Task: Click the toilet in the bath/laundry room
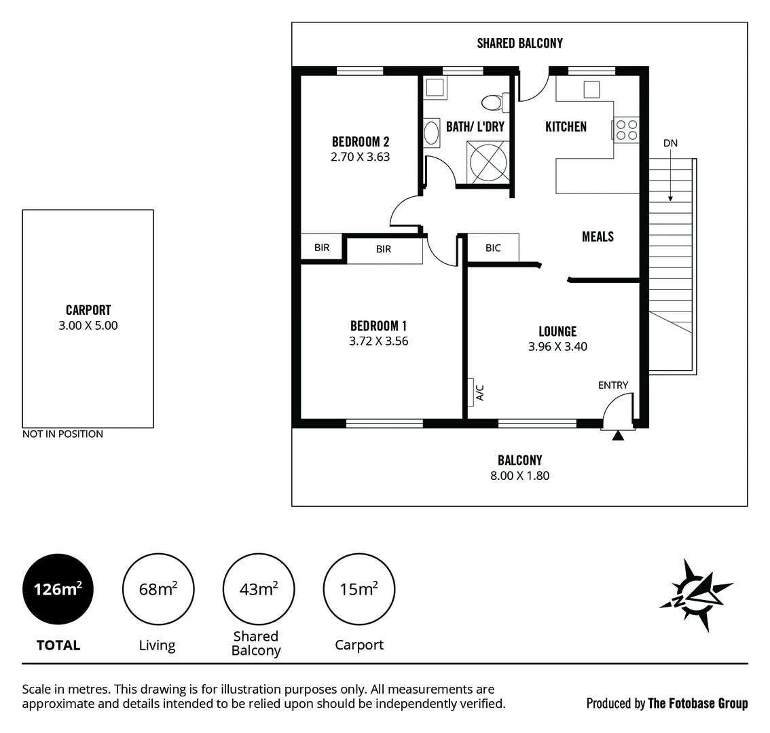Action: click(492, 103)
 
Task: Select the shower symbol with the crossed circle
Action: click(488, 162)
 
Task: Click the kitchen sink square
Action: click(591, 89)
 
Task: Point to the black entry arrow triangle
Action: click(617, 436)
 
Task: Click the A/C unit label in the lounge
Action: click(479, 392)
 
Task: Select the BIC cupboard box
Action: click(493, 248)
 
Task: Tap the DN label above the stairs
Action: click(670, 143)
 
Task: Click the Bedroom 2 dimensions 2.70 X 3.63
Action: click(360, 157)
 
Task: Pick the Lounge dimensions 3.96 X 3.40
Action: click(557, 347)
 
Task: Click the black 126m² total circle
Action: click(58, 588)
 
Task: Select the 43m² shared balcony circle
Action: click(258, 588)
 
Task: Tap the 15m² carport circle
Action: click(359, 588)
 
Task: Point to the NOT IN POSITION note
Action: click(62, 434)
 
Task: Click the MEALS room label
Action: click(598, 237)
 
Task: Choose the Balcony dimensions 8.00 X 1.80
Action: click(519, 476)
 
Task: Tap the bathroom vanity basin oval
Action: click(431, 132)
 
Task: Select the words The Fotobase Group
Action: click(697, 704)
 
